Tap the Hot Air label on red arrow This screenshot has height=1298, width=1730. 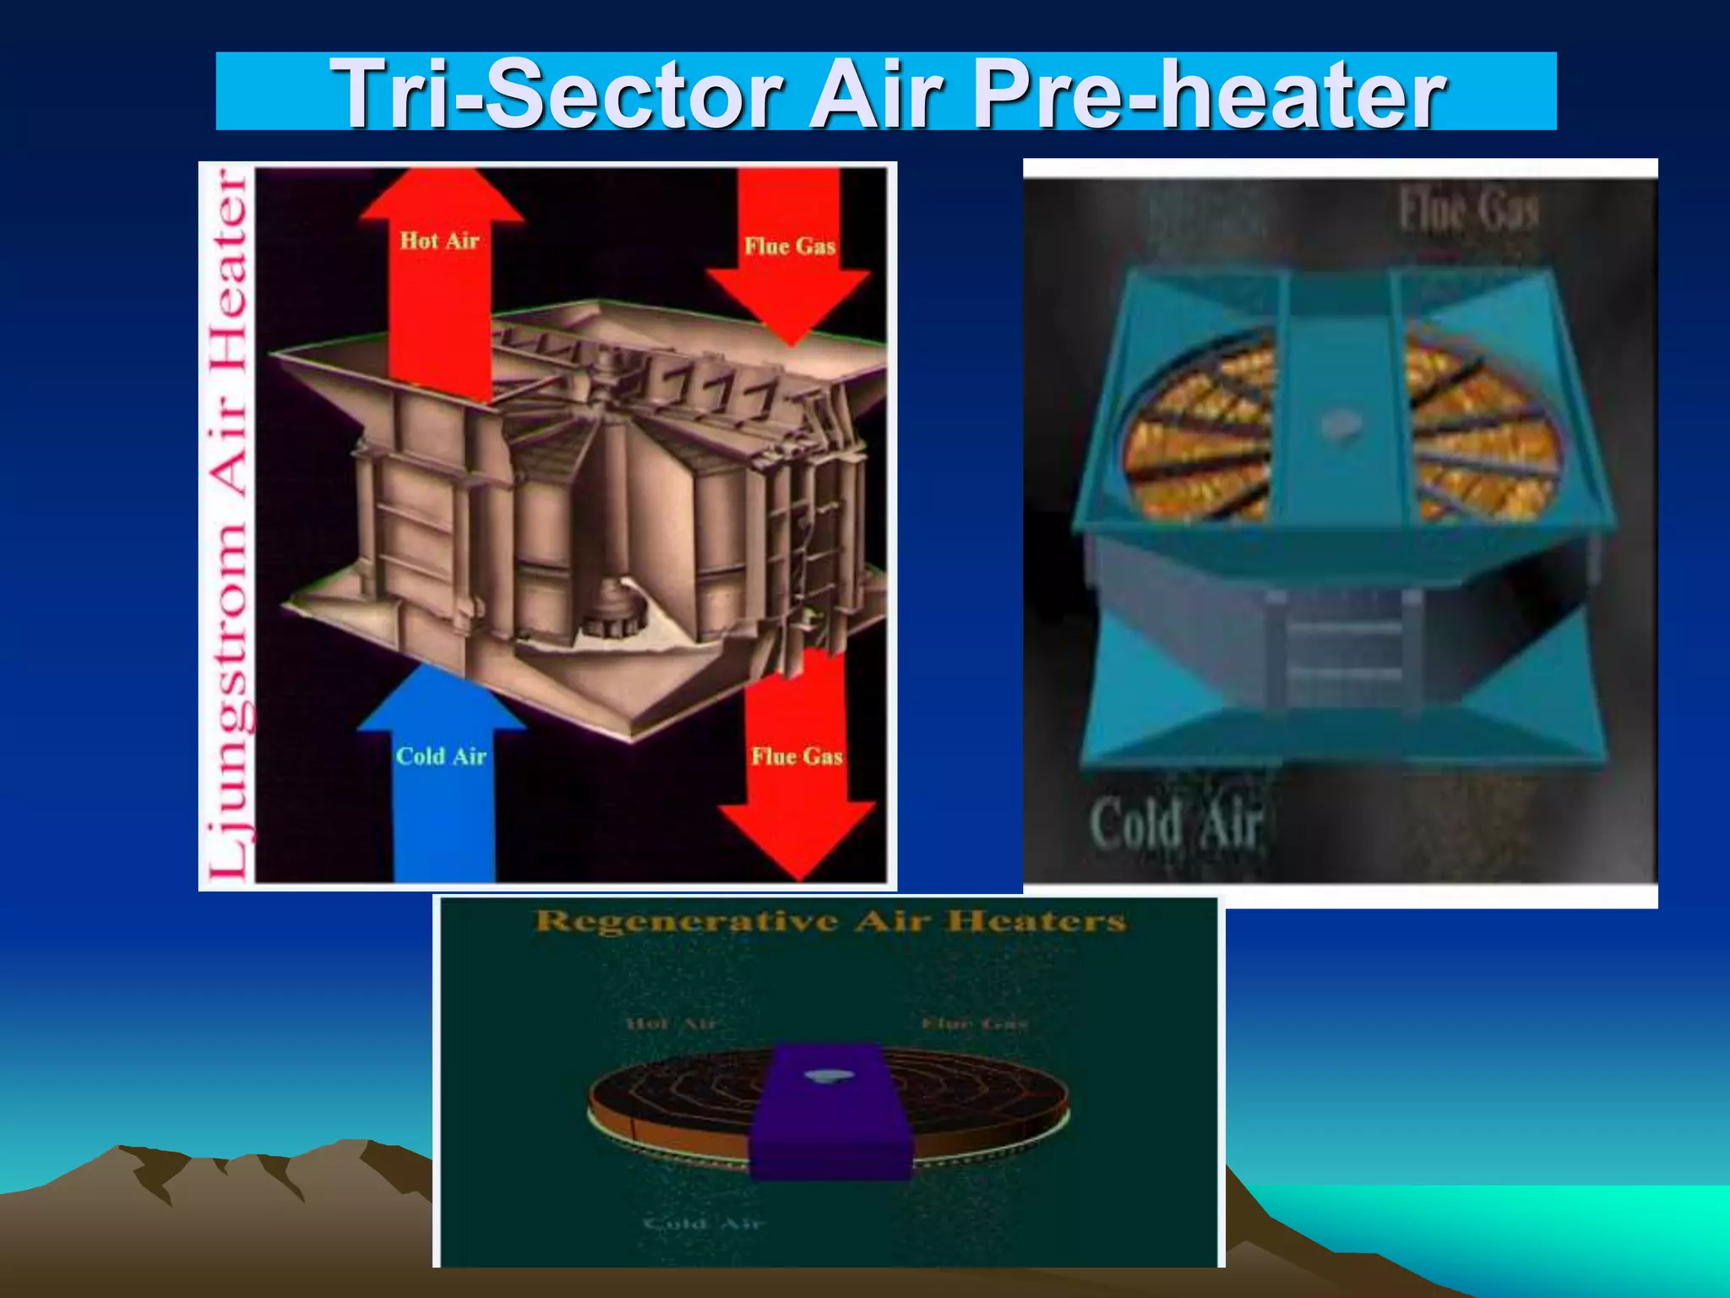(x=439, y=241)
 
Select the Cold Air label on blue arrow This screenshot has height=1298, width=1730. (x=441, y=755)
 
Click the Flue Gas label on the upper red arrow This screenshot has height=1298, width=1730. (x=790, y=246)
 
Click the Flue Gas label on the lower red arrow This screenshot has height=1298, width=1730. (x=797, y=755)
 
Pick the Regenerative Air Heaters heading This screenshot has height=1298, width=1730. (x=830, y=920)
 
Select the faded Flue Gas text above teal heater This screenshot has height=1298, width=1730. (x=1467, y=210)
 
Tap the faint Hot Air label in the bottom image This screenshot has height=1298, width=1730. (x=672, y=1024)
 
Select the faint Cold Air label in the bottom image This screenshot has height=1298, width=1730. (x=702, y=1223)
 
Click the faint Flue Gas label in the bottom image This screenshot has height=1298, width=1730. (x=974, y=1024)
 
